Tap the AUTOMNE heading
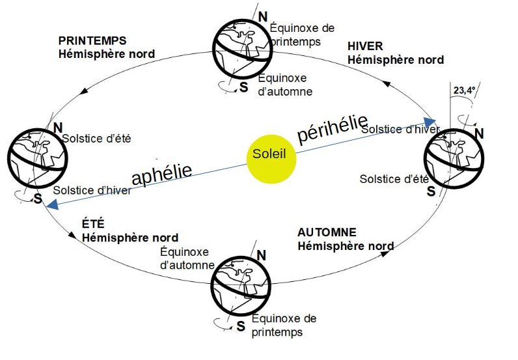pyautogui.click(x=327, y=232)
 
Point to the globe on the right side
pyautogui.click(x=454, y=159)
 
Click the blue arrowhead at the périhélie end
pyautogui.click(x=431, y=121)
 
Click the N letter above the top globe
pyautogui.click(x=262, y=16)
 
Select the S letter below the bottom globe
pyautogui.click(x=241, y=326)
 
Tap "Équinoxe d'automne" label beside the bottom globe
pyautogui.click(x=187, y=258)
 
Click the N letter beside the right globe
pyautogui.click(x=480, y=134)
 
